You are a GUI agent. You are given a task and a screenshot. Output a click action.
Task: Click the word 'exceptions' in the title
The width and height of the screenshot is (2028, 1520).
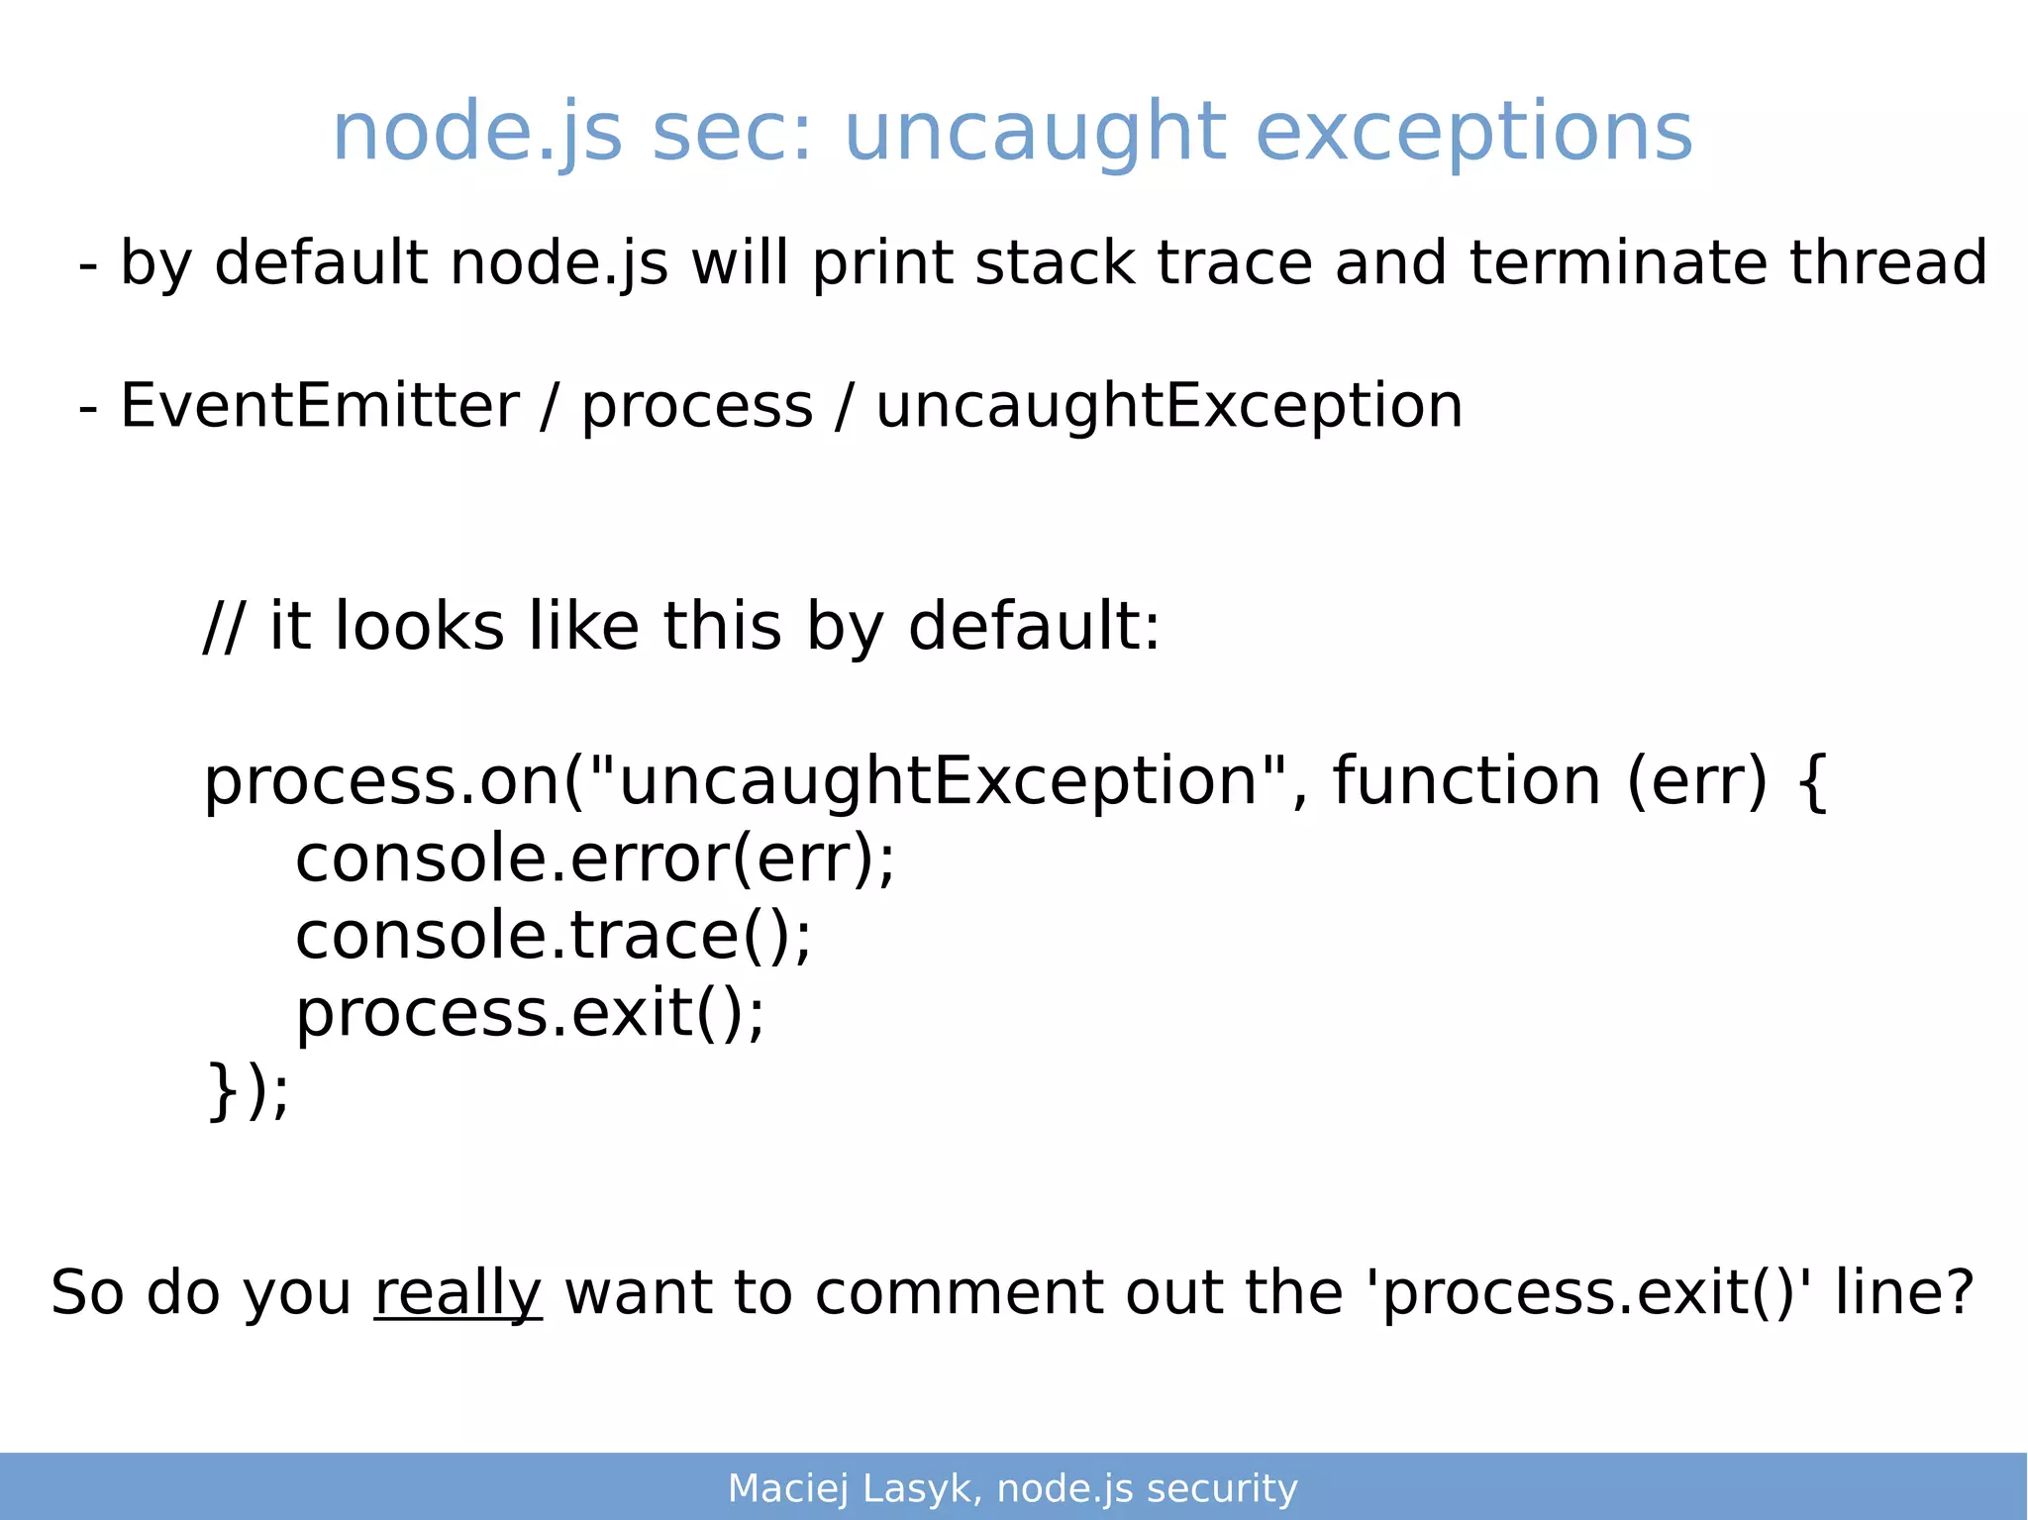click(1473, 134)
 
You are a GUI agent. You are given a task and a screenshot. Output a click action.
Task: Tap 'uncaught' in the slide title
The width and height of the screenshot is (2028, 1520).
click(1035, 134)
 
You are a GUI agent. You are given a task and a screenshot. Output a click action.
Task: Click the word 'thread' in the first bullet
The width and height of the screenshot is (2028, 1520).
click(1887, 263)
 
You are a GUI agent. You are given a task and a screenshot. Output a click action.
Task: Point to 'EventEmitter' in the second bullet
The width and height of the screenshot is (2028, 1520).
click(319, 406)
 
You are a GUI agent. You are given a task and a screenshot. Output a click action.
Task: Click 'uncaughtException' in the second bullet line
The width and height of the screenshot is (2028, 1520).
click(1168, 406)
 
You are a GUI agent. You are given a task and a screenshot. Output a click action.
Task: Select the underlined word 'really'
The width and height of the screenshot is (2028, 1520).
click(457, 1293)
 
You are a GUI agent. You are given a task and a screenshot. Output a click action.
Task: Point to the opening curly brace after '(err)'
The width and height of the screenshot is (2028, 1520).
click(1810, 782)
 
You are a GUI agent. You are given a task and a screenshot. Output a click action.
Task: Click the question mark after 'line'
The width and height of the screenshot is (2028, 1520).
click(1957, 1293)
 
